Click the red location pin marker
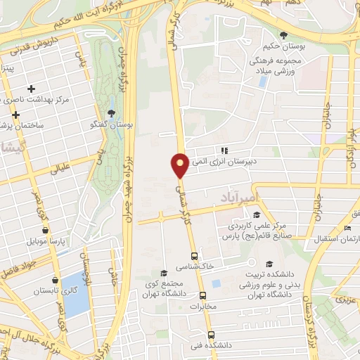point(180,165)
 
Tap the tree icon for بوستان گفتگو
point(111,114)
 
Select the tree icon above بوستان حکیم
point(283,35)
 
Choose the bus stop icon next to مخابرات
point(202,296)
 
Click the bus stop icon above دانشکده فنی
point(210,335)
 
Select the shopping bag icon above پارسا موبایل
point(46,230)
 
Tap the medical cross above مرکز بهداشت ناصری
point(30,89)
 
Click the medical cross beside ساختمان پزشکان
point(15,114)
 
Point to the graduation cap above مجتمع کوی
point(163,273)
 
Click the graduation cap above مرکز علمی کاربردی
point(257,214)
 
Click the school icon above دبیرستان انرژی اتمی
point(224,150)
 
